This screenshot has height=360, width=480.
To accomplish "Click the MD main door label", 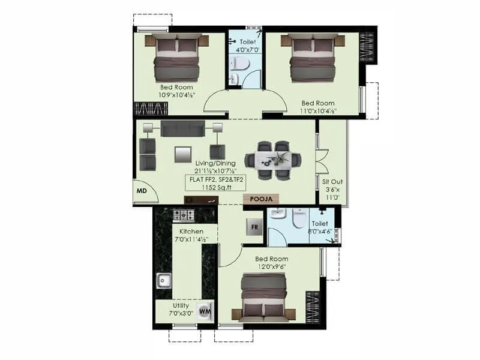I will pos(142,191).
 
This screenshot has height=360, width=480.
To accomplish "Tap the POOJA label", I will pos(262,199).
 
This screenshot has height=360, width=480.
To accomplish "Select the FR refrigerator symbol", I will pos(254,227).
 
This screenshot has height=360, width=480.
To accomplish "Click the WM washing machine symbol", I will pos(205,311).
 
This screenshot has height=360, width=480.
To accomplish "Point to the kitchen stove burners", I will pos(184,215).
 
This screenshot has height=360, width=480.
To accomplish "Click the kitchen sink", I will pos(163,279).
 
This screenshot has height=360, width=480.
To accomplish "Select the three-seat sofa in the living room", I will pos(182,128).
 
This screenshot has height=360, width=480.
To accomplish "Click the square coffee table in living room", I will pos(182,154).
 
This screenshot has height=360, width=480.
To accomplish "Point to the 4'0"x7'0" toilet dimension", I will pos(247,50).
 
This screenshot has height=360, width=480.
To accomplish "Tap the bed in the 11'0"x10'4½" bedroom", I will pos(311,58).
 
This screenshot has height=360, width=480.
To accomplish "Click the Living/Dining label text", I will pos(215,163).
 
